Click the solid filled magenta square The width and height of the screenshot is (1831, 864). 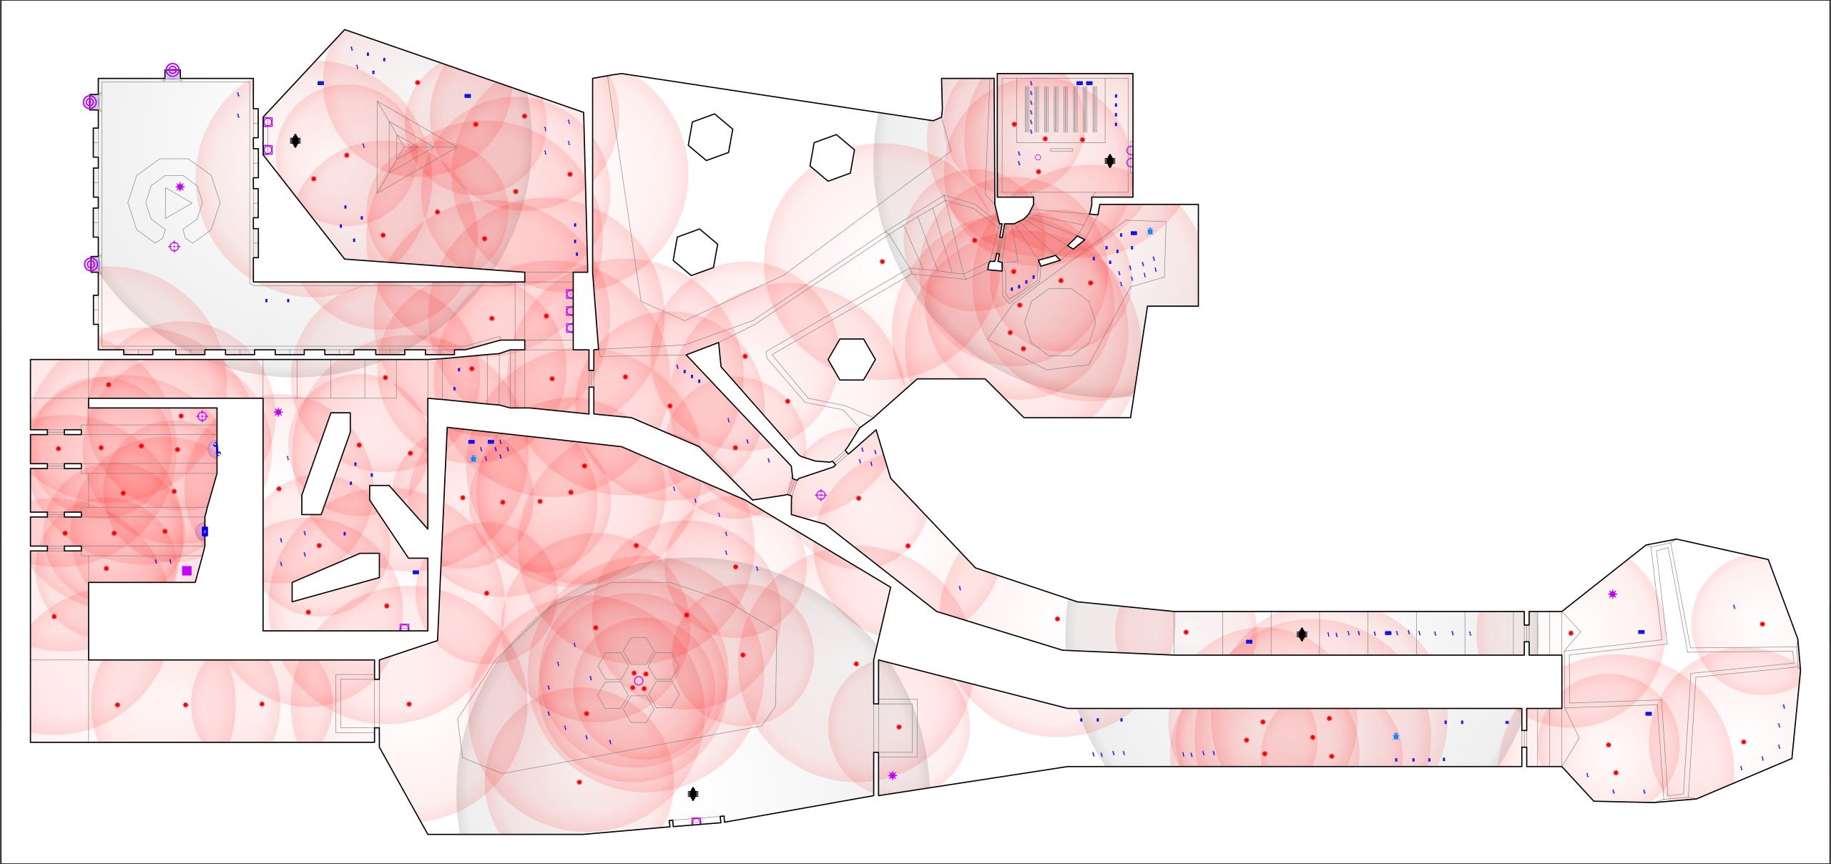point(187,571)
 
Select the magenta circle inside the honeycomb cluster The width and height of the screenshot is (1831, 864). point(639,681)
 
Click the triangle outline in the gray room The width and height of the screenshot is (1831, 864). point(176,203)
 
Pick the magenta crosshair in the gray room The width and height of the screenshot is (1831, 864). point(174,247)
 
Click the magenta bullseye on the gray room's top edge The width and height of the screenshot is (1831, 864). point(172,69)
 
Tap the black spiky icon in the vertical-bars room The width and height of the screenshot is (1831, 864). point(1109,161)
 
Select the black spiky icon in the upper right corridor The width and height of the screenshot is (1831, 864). point(1302,634)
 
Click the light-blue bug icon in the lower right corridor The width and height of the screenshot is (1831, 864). point(1395,736)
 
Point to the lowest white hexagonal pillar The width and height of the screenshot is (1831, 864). point(851,359)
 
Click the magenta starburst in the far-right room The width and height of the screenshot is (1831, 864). point(1612,594)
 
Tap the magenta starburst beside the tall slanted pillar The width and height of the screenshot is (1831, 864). point(278,412)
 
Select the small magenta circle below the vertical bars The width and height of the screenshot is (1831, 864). point(1038,157)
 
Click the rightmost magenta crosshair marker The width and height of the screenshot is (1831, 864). point(821,495)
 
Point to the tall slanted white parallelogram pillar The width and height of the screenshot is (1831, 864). point(326,463)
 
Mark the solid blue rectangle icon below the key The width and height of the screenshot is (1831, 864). point(205,531)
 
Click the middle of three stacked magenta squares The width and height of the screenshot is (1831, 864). point(570,311)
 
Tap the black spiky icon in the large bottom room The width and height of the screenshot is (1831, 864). point(692,794)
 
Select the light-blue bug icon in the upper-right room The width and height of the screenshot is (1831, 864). point(1150,231)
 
